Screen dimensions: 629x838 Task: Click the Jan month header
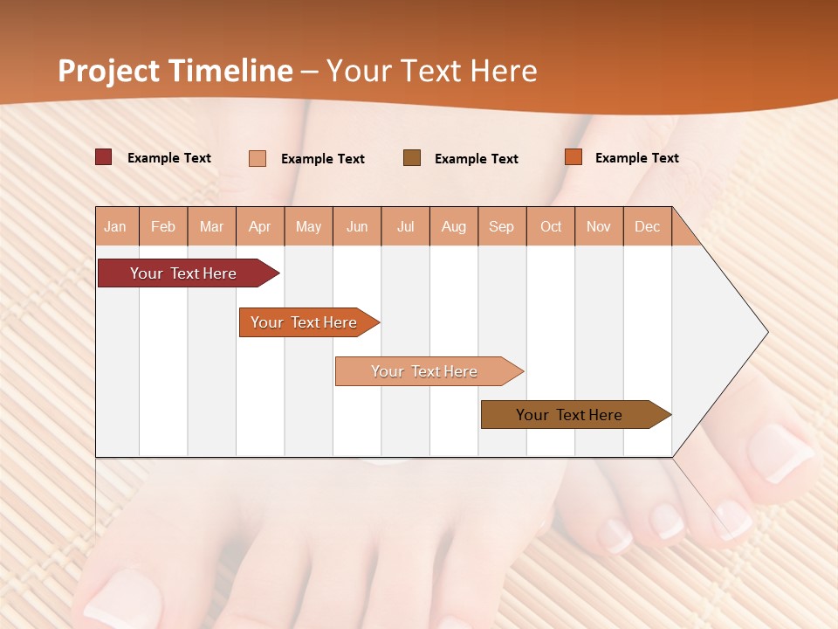(116, 226)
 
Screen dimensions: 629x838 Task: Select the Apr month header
(260, 226)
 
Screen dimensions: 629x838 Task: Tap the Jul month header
(406, 226)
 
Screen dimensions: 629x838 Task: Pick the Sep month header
(502, 226)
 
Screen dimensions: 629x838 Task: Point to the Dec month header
(648, 226)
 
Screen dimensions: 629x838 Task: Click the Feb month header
(163, 226)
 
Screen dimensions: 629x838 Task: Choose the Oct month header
(551, 226)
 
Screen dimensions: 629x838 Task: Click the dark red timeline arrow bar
(183, 273)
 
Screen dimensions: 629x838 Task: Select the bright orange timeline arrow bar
(304, 322)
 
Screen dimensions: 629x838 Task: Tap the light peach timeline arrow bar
(424, 371)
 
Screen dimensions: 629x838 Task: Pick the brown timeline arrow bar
(569, 415)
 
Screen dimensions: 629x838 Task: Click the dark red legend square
(104, 157)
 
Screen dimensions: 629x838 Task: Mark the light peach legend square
(258, 158)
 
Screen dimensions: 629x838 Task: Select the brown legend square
(412, 157)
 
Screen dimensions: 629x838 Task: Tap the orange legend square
(574, 157)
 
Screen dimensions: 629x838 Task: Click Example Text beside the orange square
(636, 158)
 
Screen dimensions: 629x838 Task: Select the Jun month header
(357, 226)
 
